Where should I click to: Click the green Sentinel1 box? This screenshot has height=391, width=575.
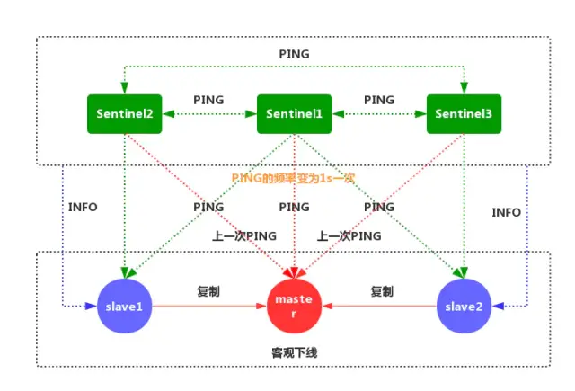pos(295,113)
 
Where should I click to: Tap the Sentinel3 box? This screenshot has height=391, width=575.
pos(462,113)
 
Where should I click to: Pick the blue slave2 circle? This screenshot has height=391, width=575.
pos(463,307)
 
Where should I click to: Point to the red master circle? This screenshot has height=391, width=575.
pos(295,307)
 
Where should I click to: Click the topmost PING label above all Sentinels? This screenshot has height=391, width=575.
pos(294,54)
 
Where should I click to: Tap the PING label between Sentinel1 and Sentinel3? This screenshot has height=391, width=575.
pos(378,100)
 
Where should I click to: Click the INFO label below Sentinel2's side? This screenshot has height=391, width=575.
pos(83,207)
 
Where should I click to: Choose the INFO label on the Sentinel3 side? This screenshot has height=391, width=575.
pos(506,212)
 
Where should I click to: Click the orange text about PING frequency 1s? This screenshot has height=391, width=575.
pos(294,178)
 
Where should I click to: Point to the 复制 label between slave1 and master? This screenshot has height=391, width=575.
pos(208,291)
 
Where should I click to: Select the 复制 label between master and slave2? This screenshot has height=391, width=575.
pos(382,291)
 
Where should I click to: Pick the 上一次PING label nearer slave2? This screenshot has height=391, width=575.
pos(348,235)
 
